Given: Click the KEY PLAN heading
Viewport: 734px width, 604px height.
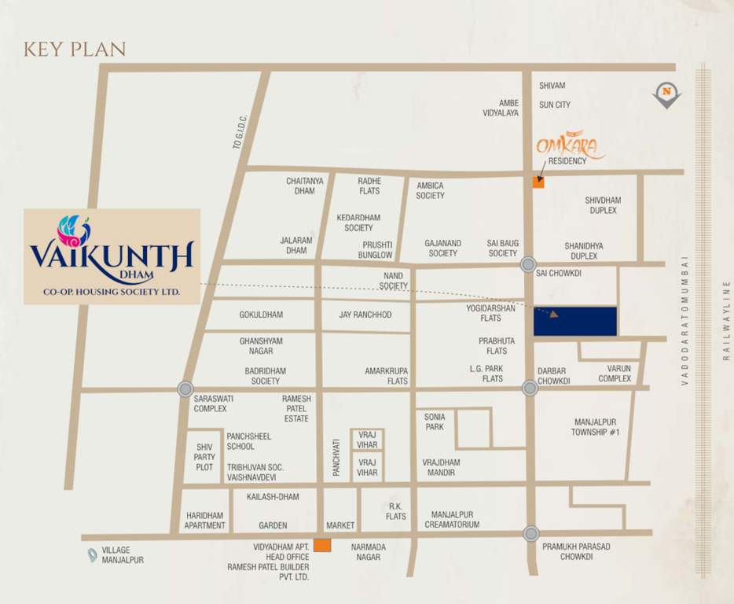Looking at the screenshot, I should point(75,49).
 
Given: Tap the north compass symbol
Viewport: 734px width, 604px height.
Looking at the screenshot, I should point(666,94).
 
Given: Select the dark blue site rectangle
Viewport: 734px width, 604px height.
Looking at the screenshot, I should point(575,322).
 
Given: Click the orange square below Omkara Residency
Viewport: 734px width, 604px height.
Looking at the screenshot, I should point(538,182).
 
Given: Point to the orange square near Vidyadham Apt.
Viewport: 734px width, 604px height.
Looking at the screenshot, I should point(322,545).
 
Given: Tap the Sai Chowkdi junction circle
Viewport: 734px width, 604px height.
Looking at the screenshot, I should point(528,265).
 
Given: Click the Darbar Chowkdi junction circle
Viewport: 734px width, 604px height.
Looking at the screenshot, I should point(530,388).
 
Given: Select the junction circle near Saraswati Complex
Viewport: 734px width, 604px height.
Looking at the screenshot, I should point(185,389).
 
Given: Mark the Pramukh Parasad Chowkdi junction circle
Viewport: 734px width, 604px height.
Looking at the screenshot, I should point(531,533).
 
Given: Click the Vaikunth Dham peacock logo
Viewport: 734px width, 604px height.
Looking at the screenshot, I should point(74,230).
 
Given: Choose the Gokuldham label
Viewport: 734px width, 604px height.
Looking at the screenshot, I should point(261,315).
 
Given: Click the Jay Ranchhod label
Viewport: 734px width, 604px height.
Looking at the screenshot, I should point(365,315).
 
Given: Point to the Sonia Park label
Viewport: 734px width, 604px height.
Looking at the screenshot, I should point(435,422).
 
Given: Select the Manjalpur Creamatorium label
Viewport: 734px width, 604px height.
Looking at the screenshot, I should point(452,519).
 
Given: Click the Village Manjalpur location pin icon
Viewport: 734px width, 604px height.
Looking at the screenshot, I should point(93,554).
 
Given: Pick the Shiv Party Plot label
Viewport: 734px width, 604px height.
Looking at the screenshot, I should point(205,457).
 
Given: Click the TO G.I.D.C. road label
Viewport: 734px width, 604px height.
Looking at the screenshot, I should point(241,132).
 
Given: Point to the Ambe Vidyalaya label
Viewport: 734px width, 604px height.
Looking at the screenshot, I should point(501,108).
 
